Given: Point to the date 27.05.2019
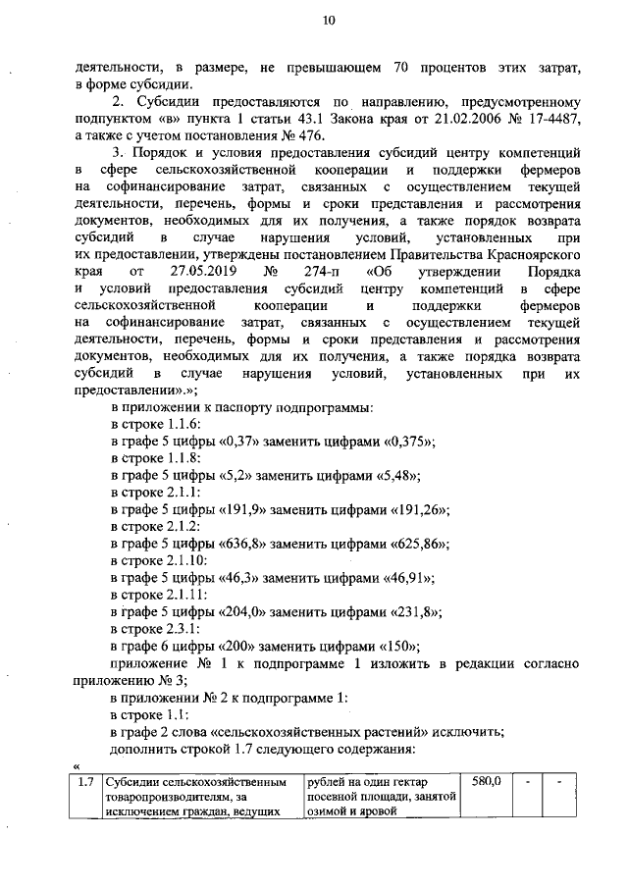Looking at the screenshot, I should point(203,270).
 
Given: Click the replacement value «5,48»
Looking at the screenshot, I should point(392,475).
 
